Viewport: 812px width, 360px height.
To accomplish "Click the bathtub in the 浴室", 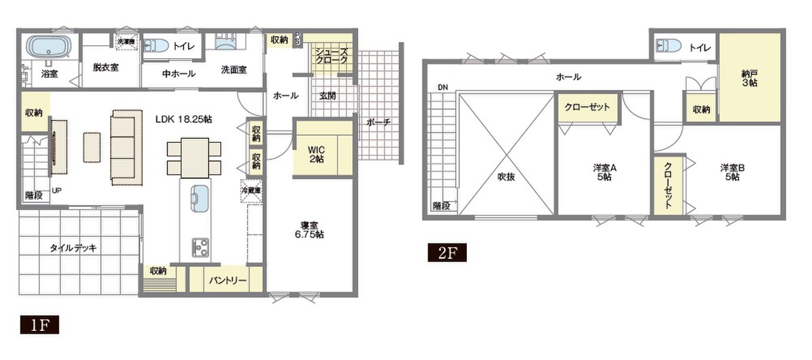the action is click(49, 47).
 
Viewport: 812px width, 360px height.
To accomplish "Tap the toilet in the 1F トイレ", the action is click(156, 46).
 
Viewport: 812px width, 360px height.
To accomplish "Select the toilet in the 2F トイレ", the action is click(669, 46).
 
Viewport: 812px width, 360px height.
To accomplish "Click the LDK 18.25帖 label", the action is click(184, 119).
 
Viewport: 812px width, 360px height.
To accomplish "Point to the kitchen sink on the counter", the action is click(200, 198).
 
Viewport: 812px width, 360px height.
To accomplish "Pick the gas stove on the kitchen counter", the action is click(200, 247).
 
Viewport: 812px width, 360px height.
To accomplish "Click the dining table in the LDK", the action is click(195, 158).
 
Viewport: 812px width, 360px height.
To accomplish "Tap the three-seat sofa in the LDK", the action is click(127, 148).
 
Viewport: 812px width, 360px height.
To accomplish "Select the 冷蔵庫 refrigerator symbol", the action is click(252, 190).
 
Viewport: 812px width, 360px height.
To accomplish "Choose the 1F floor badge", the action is click(39, 324).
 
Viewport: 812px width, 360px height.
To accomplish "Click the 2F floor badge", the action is click(447, 252).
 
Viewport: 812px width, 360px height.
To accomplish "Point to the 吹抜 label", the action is click(506, 177).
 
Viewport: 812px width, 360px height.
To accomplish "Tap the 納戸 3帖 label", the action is click(749, 78).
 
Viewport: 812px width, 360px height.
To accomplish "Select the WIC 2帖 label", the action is click(316, 154).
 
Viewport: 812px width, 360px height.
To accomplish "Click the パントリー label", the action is click(227, 280).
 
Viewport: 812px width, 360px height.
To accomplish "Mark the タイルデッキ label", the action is click(73, 248).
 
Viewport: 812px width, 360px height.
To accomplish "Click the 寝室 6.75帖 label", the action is click(309, 229).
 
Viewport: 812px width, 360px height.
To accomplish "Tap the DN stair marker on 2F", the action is click(443, 87).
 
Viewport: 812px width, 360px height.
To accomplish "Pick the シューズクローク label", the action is click(332, 56).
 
